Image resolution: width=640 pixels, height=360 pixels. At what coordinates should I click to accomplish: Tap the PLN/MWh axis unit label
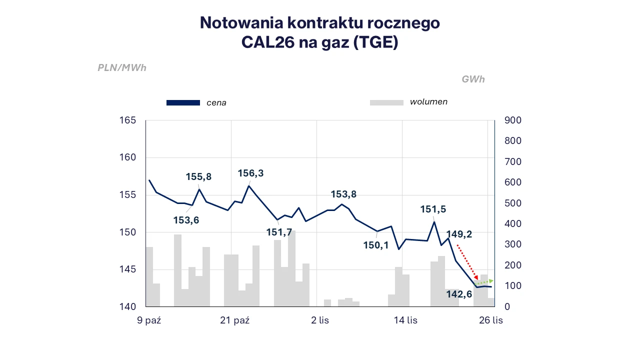122,68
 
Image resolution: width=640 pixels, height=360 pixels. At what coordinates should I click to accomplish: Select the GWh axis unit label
473,79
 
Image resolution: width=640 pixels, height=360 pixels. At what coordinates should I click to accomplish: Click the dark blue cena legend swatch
183,103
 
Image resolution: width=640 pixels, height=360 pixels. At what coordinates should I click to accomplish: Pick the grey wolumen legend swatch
386,102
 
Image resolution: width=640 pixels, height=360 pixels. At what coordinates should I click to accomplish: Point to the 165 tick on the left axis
128,120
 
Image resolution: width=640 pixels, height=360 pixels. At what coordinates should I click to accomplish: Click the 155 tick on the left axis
128,195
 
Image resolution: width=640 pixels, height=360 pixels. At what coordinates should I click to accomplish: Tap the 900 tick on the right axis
513,120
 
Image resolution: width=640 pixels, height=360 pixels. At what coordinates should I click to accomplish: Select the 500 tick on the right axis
513,203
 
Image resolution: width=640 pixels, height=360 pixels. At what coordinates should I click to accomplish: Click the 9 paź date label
149,320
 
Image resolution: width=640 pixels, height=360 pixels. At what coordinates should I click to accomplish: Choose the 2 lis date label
320,320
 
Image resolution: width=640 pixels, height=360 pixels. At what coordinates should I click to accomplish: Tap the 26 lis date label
490,320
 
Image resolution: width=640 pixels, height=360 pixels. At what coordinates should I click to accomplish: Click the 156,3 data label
250,173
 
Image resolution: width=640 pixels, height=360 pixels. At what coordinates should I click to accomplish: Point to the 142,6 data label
459,294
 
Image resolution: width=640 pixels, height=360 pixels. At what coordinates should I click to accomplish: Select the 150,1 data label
376,245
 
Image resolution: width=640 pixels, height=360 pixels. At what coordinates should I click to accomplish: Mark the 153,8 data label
343,194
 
